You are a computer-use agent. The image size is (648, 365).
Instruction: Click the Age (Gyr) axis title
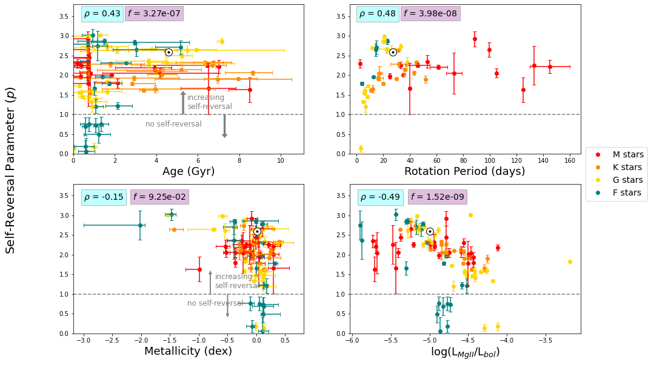pyautogui.click(x=189, y=171)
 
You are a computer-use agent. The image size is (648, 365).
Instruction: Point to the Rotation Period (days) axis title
pyautogui.click(x=464, y=171)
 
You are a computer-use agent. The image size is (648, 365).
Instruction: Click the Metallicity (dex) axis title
pyautogui.click(x=188, y=351)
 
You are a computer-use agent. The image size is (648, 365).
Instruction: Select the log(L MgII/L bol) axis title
pyautogui.click(x=465, y=352)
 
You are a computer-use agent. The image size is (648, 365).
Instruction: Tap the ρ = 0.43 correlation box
pyautogui.click(x=102, y=13)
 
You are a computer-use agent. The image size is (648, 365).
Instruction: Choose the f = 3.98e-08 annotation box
pyautogui.click(x=430, y=13)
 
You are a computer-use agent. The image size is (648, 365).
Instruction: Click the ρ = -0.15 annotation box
pyautogui.click(x=104, y=197)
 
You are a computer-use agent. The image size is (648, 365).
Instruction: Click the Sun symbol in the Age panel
pyautogui.click(x=169, y=52)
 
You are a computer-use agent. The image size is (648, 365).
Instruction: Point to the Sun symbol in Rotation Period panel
pyautogui.click(x=393, y=52)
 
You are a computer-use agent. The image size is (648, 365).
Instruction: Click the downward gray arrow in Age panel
pyautogui.click(x=224, y=126)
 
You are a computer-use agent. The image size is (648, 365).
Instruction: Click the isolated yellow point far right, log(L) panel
pyautogui.click(x=570, y=261)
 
